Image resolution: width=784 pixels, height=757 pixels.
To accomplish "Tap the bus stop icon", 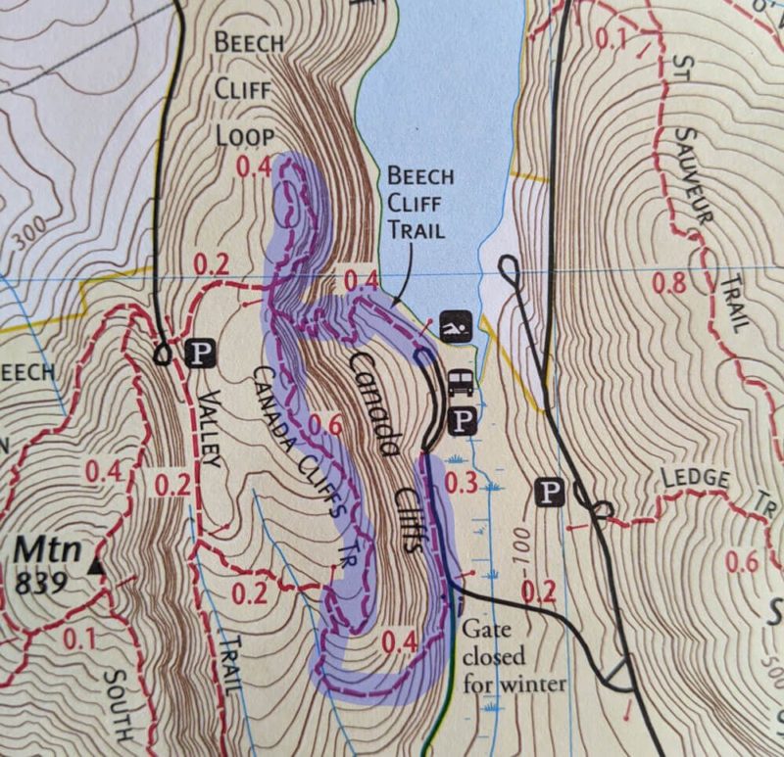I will point(460,382).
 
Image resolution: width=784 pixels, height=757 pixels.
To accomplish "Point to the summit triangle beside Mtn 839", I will point(95,567).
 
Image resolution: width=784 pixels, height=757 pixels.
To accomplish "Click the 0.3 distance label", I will point(460,484).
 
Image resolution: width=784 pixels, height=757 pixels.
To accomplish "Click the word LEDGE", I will point(696,479).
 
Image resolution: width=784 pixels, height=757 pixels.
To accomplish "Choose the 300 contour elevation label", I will point(30,233).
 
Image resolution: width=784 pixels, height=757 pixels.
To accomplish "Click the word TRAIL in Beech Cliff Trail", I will point(416,231).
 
